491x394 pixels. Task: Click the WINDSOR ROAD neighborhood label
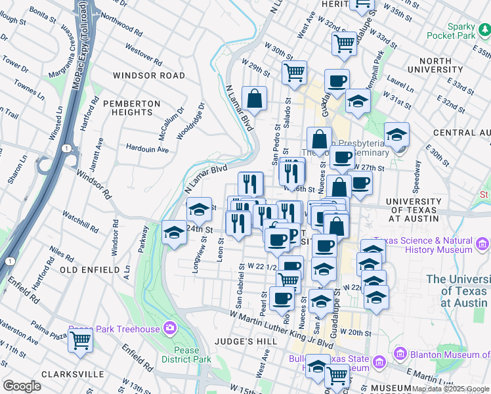[149, 76]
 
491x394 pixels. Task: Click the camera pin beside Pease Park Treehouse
[171, 327]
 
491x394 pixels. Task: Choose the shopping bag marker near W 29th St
[255, 99]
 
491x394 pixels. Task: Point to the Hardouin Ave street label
[147, 149]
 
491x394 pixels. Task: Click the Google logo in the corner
[22, 386]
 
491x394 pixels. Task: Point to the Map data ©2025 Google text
[450, 389]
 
